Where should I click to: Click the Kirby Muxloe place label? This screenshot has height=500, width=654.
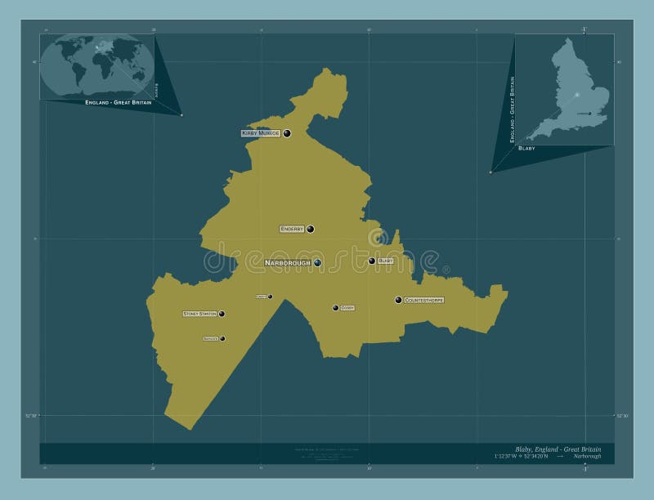pyautogui.click(x=261, y=132)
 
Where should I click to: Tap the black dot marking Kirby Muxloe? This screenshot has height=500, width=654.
pyautogui.click(x=287, y=133)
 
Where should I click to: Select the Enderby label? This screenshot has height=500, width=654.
pyautogui.click(x=292, y=229)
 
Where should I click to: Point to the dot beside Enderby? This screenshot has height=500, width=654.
pyautogui.click(x=311, y=230)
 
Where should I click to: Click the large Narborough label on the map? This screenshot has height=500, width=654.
pyautogui.click(x=288, y=262)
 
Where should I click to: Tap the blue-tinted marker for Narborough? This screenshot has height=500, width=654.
pyautogui.click(x=317, y=262)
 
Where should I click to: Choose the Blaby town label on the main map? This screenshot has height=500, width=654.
pyautogui.click(x=386, y=261)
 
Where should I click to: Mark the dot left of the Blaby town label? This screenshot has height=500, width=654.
pyautogui.click(x=372, y=261)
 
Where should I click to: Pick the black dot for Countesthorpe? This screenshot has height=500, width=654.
pyautogui.click(x=398, y=300)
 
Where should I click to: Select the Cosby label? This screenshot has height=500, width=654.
pyautogui.click(x=347, y=308)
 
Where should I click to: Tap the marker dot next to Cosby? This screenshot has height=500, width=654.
pyautogui.click(x=335, y=308)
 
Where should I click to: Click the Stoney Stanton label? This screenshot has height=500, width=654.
pyautogui.click(x=199, y=313)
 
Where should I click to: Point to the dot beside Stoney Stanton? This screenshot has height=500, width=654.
pyautogui.click(x=222, y=313)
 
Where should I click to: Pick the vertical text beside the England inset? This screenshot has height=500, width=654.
pyautogui.click(x=512, y=109)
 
